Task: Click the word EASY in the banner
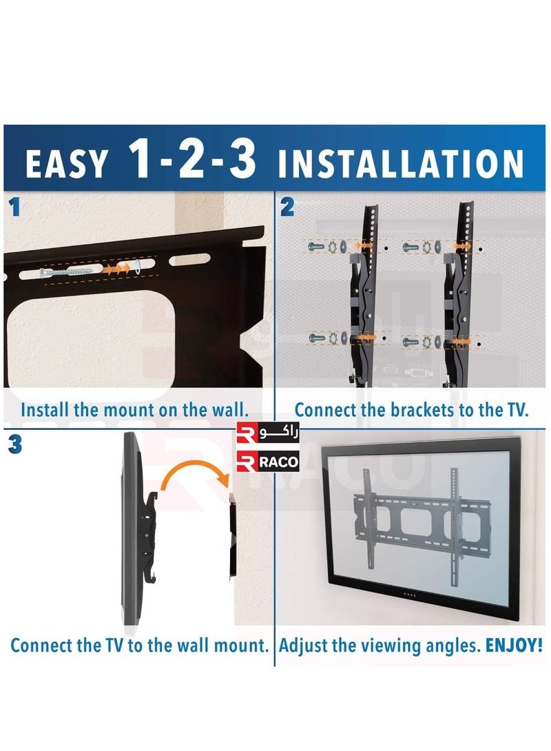(x=66, y=164)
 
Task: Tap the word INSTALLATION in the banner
(x=400, y=164)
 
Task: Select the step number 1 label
(x=15, y=207)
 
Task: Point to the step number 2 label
(x=287, y=207)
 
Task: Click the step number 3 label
(x=15, y=444)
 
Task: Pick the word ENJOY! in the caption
(x=514, y=645)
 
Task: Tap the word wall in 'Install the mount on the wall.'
(x=230, y=410)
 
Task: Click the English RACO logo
(x=268, y=462)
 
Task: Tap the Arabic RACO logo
(x=268, y=434)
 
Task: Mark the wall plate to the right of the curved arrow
(x=233, y=537)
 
